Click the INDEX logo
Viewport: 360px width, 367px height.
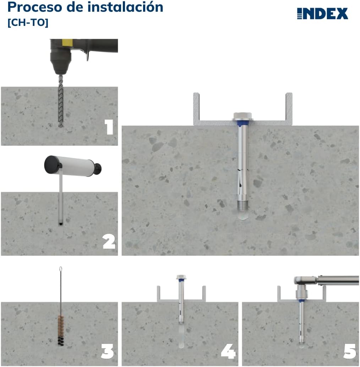pos(322,13)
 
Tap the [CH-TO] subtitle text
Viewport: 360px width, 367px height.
pos(28,22)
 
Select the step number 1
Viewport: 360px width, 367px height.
pos(109,127)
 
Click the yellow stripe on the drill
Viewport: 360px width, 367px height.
pos(66,43)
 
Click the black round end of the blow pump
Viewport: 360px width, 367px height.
pos(52,163)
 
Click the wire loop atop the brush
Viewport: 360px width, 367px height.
pos(61,269)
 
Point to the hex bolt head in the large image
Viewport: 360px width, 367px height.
pos(242,115)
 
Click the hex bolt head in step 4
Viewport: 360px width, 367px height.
pos(181,277)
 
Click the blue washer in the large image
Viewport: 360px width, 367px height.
pos(242,122)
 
